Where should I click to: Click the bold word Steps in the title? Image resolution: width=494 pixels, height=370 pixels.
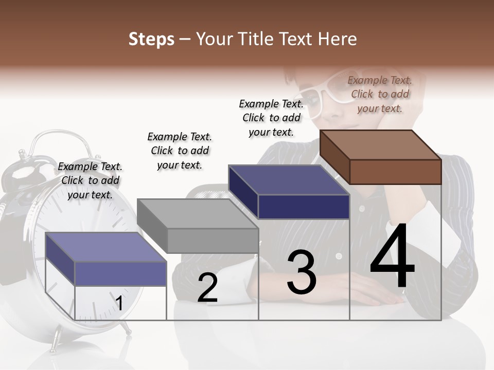pos(151,39)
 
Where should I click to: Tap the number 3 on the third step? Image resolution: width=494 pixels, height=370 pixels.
pos(302,272)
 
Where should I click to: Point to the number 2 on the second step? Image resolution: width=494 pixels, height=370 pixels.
pos(207,288)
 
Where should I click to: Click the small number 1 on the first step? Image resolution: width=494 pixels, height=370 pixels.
pos(119,304)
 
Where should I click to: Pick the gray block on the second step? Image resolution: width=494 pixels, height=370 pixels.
pos(198,226)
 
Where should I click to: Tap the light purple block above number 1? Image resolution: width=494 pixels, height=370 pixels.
pos(106,259)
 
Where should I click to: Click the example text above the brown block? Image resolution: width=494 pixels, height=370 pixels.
pos(380,94)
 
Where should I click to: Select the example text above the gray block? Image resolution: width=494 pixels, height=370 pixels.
pos(180,151)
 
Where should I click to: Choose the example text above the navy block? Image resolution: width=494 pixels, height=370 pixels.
pos(271,118)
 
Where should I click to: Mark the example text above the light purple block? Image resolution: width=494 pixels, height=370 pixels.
pos(90,180)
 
